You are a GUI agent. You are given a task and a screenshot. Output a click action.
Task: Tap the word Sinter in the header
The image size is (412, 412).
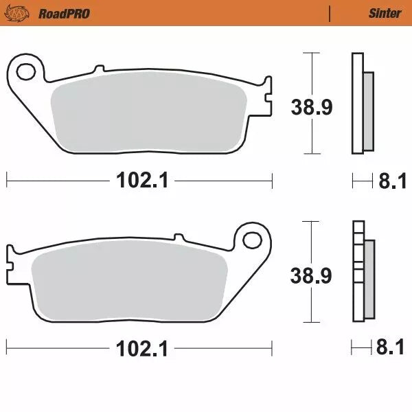385,13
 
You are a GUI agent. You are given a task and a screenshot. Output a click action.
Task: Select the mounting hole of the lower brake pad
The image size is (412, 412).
253,240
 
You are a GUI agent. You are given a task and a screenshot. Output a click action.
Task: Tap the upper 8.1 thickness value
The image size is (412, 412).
390,181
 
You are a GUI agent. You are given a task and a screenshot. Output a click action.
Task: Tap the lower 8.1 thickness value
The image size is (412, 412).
390,349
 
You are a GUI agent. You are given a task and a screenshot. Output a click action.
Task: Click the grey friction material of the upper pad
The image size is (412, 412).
148,113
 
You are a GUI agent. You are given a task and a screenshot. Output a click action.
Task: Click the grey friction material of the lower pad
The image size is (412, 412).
130,282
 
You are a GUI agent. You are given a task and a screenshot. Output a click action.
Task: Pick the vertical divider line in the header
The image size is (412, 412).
330,13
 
